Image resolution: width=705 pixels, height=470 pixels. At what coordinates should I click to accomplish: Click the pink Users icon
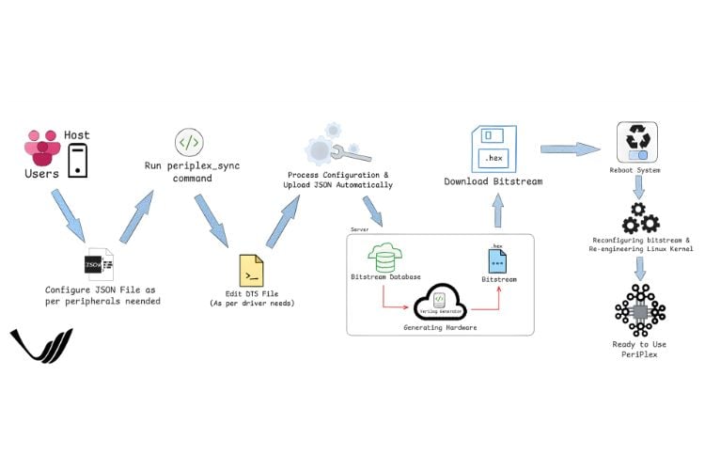click(40, 149)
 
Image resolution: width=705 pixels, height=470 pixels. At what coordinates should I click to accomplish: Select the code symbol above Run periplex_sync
click(189, 143)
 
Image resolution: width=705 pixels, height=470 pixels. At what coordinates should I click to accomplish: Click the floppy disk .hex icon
click(493, 148)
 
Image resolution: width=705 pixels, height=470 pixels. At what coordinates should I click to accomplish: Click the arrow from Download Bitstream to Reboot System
click(570, 149)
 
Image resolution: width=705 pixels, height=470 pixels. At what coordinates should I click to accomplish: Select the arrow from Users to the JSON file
click(70, 215)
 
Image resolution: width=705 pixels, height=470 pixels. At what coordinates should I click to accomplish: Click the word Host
click(77, 135)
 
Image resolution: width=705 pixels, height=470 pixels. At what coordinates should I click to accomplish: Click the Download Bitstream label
click(493, 181)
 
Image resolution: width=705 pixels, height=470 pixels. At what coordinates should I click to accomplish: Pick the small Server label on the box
click(358, 228)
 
